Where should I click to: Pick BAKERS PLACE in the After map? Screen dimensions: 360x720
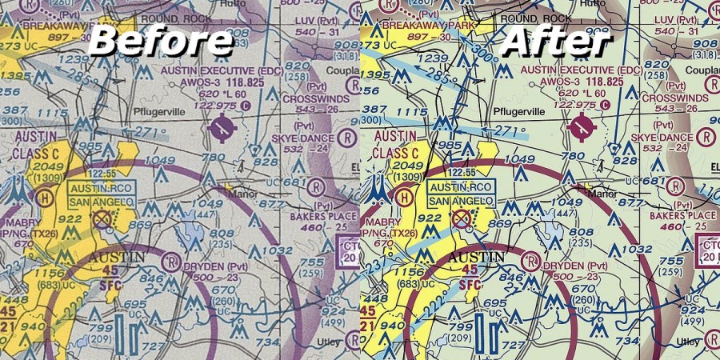pos(682,216)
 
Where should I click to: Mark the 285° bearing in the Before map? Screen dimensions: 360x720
pos(73,78)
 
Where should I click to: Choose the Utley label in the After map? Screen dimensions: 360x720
pos(687,342)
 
